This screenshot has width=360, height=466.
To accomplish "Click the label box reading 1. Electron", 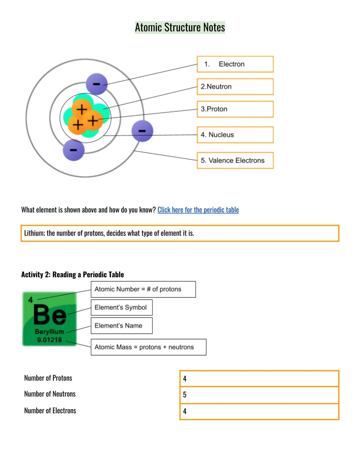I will pyautogui.click(x=235, y=64).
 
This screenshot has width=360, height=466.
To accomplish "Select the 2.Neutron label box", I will pyautogui.click(x=235, y=87).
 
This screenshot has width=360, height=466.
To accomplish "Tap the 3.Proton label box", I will pyautogui.click(x=235, y=109).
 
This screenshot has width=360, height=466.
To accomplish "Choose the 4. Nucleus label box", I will pyautogui.click(x=235, y=135).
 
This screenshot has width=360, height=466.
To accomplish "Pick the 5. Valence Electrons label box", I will pyautogui.click(x=235, y=160).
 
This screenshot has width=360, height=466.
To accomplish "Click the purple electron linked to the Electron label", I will pyautogui.click(x=97, y=84).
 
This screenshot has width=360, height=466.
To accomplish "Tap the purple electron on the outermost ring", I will pyautogui.click(x=142, y=131).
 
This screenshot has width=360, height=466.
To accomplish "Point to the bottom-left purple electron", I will pyautogui.click(x=73, y=150).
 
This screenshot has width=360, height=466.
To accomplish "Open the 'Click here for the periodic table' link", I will pyautogui.click(x=198, y=210).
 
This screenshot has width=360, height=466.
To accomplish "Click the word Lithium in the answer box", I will pyautogui.click(x=34, y=233).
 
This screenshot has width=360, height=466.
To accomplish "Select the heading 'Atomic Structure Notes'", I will pyautogui.click(x=180, y=27).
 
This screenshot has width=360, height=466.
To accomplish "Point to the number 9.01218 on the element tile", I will pyautogui.click(x=49, y=340).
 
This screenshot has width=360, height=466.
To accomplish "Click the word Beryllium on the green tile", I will pyautogui.click(x=49, y=332).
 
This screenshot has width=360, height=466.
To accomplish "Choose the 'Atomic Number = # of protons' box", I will pyautogui.click(x=143, y=289).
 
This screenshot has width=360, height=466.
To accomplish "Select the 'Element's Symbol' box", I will pyautogui.click(x=122, y=308).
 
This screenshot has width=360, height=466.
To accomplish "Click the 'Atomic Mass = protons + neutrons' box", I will pyautogui.click(x=148, y=347).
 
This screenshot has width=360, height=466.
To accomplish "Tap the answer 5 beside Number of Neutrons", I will pyautogui.click(x=185, y=395).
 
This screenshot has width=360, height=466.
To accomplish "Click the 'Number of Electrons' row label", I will pyautogui.click(x=50, y=411).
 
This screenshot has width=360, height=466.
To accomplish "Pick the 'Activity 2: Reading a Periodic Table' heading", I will pyautogui.click(x=73, y=275).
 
